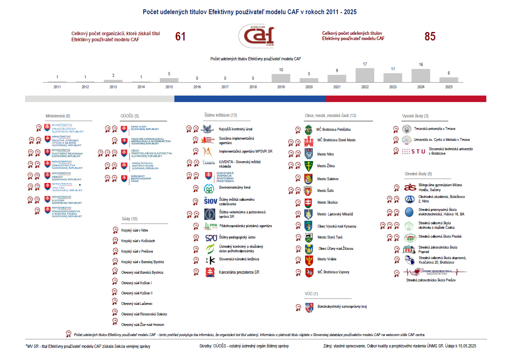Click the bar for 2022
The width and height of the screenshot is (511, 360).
[x=365, y=75]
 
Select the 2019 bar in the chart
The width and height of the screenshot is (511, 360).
[x=281, y=78]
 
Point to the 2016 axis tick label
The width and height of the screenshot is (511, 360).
[x=197, y=87]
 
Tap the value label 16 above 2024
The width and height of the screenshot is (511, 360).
[x=421, y=65]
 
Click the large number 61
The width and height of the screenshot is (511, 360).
[x=180, y=37]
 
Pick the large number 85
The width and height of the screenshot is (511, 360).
[x=430, y=37]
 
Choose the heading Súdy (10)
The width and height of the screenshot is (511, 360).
[x=129, y=219]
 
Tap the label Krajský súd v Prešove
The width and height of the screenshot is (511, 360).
[x=137, y=251]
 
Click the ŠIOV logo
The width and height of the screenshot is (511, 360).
[x=210, y=201]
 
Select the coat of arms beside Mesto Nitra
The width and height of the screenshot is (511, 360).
[x=309, y=154]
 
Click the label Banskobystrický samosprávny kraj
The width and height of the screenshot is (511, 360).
[x=342, y=307]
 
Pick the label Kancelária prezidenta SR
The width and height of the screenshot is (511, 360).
[x=239, y=273]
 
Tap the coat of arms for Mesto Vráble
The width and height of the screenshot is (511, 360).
[x=309, y=260]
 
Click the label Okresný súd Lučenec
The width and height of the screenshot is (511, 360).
[x=137, y=304]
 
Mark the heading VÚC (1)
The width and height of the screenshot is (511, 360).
[x=312, y=294]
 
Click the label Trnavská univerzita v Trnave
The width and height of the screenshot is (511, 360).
[x=435, y=129]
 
